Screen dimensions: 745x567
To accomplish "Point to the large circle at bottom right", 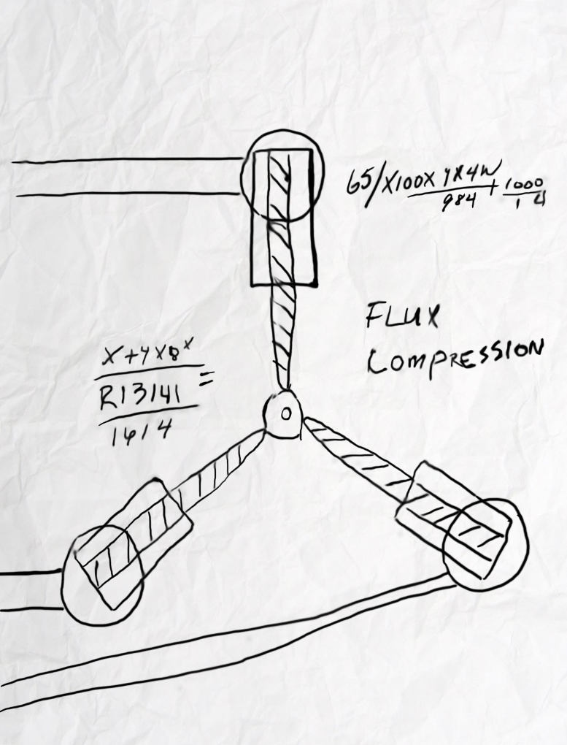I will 485,544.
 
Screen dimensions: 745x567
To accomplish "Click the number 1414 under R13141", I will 138,432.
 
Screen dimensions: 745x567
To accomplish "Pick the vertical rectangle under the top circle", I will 284,252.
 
